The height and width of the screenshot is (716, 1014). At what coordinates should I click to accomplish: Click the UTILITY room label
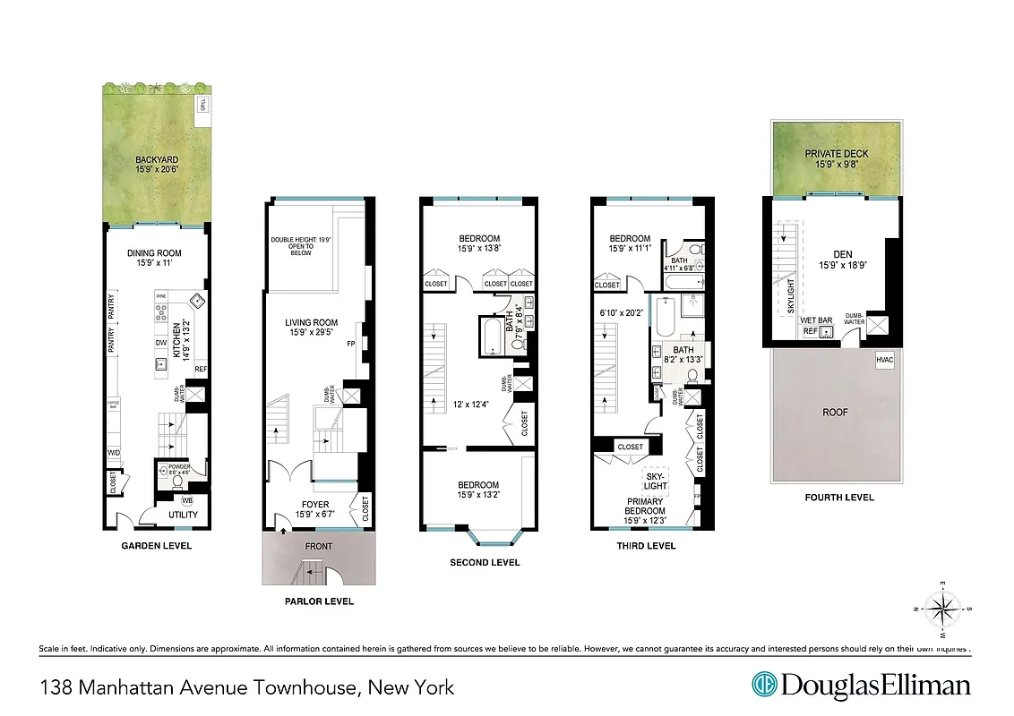183,515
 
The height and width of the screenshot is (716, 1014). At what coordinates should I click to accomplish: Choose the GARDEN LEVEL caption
158,545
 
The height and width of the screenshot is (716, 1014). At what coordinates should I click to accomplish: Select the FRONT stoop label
318,547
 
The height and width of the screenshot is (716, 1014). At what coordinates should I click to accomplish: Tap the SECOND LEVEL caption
484,562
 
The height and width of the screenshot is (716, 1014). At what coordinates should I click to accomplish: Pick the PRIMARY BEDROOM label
645,506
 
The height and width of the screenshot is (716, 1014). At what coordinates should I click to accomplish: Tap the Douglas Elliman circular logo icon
764,686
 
